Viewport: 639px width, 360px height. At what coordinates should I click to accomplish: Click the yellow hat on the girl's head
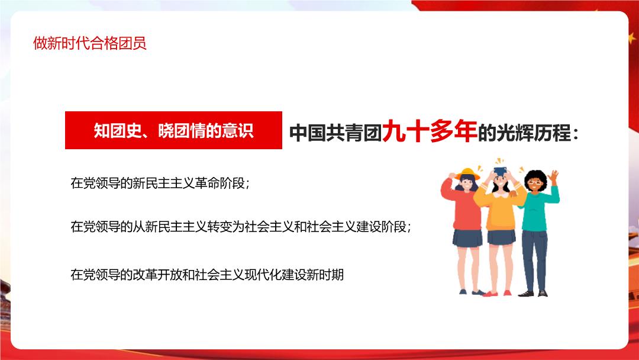(468, 173)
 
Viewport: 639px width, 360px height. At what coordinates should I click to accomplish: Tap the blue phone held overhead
(500, 171)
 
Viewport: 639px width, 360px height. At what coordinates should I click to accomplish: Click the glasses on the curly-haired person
(534, 182)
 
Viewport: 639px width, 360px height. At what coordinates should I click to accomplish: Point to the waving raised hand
(553, 176)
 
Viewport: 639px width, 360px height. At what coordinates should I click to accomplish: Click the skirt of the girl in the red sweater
(467, 238)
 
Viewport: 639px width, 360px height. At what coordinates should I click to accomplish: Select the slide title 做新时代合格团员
(90, 43)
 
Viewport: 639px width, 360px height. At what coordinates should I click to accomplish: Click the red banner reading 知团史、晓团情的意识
(173, 130)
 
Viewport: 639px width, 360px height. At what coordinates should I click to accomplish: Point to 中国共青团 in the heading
(335, 133)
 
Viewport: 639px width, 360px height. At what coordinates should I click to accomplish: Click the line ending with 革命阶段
(160, 183)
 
